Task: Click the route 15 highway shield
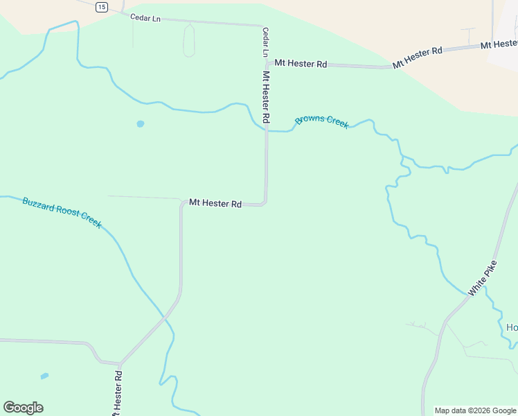[x=102, y=7]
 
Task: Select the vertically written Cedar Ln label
[x=265, y=42]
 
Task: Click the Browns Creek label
[x=322, y=121]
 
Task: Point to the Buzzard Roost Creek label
[x=62, y=212]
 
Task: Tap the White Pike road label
[x=482, y=279]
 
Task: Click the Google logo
[x=23, y=408]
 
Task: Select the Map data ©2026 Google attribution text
[x=474, y=410]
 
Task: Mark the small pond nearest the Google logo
[x=44, y=376]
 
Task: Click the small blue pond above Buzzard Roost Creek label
[x=141, y=124]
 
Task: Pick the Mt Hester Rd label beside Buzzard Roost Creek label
[x=215, y=204]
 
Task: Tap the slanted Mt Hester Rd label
[x=418, y=58]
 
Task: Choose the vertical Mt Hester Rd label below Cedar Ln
[x=266, y=96]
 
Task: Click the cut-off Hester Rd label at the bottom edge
[x=118, y=395]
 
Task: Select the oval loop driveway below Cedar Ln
[x=189, y=40]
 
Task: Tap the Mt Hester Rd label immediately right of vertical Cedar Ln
[x=301, y=64]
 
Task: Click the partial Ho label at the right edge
[x=512, y=327]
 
